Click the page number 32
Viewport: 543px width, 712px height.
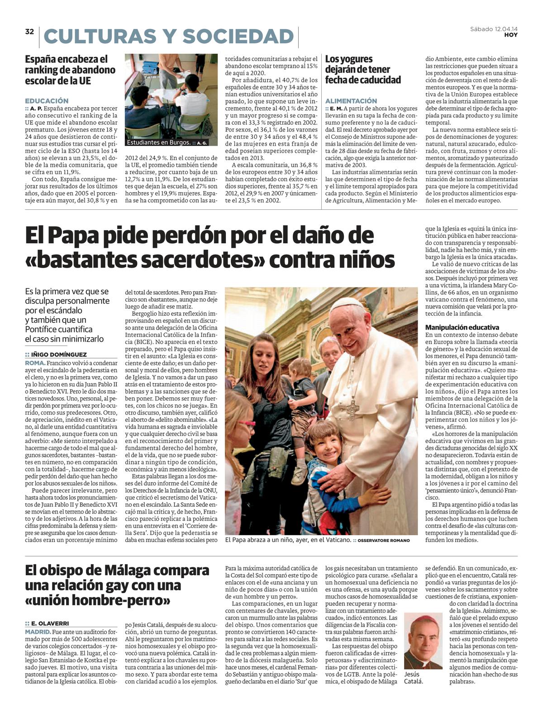tap(29, 32)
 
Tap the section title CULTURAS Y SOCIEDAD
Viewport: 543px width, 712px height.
tap(169, 37)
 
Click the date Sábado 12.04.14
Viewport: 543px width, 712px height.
tap(494, 29)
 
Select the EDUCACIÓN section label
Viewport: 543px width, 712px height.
tap(47, 101)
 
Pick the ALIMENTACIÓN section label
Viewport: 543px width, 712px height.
tap(351, 101)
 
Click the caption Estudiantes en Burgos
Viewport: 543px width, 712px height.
tap(159, 142)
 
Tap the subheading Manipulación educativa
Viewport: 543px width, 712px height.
tap(462, 327)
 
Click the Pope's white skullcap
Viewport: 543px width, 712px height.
tap(347, 302)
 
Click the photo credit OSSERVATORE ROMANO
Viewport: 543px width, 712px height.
tap(384, 540)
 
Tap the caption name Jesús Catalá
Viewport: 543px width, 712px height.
tap(414, 678)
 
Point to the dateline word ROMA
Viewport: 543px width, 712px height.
tap(35, 363)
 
